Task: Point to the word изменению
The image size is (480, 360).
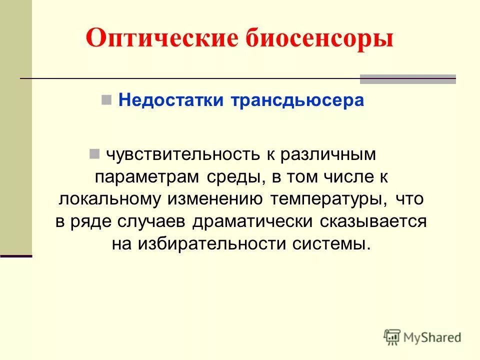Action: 215,199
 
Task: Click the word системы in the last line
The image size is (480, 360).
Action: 329,244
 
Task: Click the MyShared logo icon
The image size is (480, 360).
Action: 393,337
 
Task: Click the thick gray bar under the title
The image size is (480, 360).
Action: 407,79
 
